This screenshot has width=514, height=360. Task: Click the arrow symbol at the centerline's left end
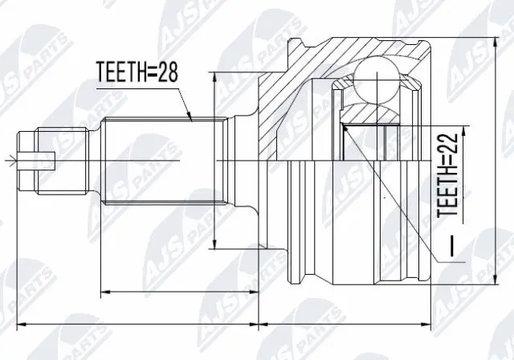[x=10, y=162]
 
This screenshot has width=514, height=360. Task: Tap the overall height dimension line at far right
[x=489, y=161]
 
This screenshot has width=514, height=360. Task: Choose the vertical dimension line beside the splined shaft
[x=214, y=161]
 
